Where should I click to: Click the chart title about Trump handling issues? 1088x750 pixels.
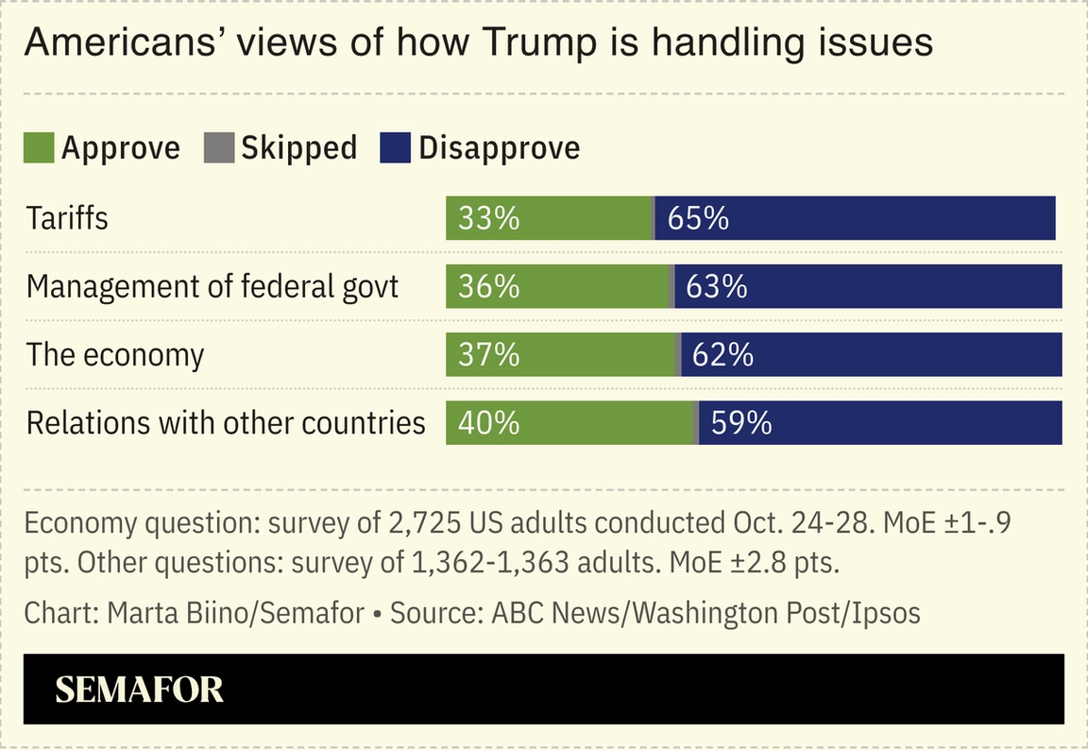[x=478, y=43]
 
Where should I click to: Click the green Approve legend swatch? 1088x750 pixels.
[x=39, y=148]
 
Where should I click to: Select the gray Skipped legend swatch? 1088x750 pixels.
[x=219, y=148]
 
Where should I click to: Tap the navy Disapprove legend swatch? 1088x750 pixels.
[x=395, y=148]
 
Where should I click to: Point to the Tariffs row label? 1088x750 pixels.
[x=67, y=218]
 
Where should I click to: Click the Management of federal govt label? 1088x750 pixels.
[x=212, y=286]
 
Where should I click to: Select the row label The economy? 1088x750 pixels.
[x=115, y=354]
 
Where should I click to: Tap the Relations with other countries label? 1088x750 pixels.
[x=226, y=422]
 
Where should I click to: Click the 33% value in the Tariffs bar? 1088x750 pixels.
[x=488, y=218]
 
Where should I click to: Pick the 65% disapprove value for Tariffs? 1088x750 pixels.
[x=698, y=218]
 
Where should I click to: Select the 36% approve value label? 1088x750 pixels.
[x=488, y=286]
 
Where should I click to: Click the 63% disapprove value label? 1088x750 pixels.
[x=717, y=286]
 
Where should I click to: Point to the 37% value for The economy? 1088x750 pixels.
[x=488, y=354]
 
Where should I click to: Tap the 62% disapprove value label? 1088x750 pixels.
[x=722, y=354]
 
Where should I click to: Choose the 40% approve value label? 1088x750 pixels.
[x=488, y=422]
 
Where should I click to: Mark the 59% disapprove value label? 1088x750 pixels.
[x=741, y=422]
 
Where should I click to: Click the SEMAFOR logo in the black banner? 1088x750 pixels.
[x=140, y=690]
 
